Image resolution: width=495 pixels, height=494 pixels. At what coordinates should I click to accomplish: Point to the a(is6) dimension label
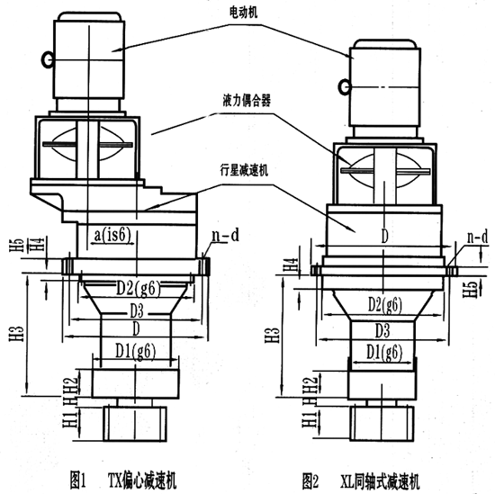[114, 235]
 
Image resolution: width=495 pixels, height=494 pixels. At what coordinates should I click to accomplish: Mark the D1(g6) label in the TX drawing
[132, 345]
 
